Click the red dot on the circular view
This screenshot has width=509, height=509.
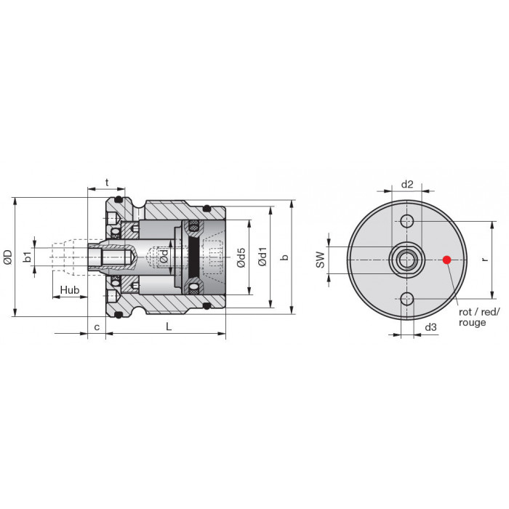[447, 260]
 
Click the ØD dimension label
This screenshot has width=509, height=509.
[8, 257]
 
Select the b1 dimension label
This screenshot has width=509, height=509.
[28, 257]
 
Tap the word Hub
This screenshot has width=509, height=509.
[70, 289]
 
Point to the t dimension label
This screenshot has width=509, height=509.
[107, 183]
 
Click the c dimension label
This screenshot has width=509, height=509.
[97, 327]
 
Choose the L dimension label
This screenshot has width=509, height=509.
[169, 326]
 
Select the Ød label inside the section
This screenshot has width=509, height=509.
[164, 256]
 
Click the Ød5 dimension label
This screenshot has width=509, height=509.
[241, 257]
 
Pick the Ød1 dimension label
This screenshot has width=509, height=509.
[262, 257]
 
